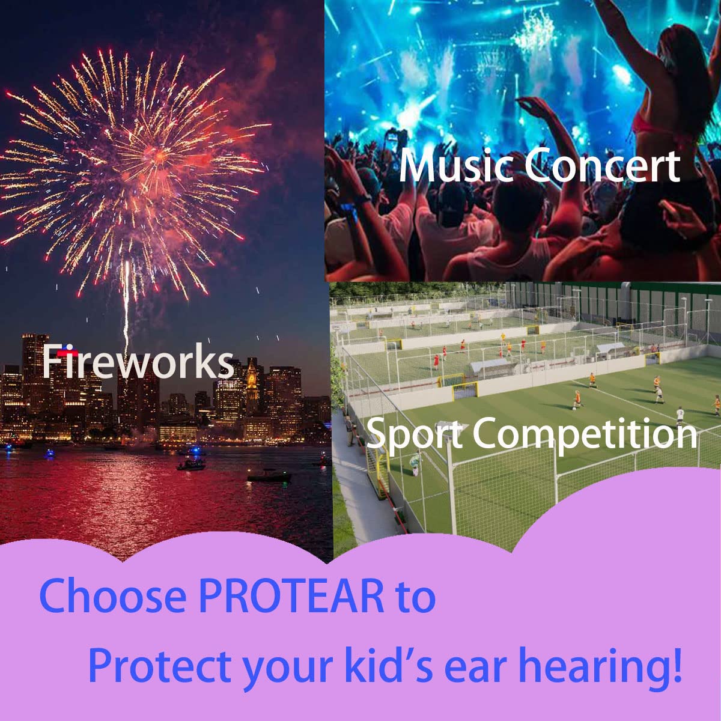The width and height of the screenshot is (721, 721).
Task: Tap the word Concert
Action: [602, 165]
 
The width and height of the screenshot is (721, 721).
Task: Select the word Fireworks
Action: [138, 362]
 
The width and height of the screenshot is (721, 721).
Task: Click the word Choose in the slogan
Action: [112, 595]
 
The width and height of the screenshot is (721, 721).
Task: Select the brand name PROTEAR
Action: [291, 595]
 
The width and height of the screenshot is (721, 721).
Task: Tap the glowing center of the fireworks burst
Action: [159, 154]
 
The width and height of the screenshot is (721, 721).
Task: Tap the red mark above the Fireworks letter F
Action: [68, 353]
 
